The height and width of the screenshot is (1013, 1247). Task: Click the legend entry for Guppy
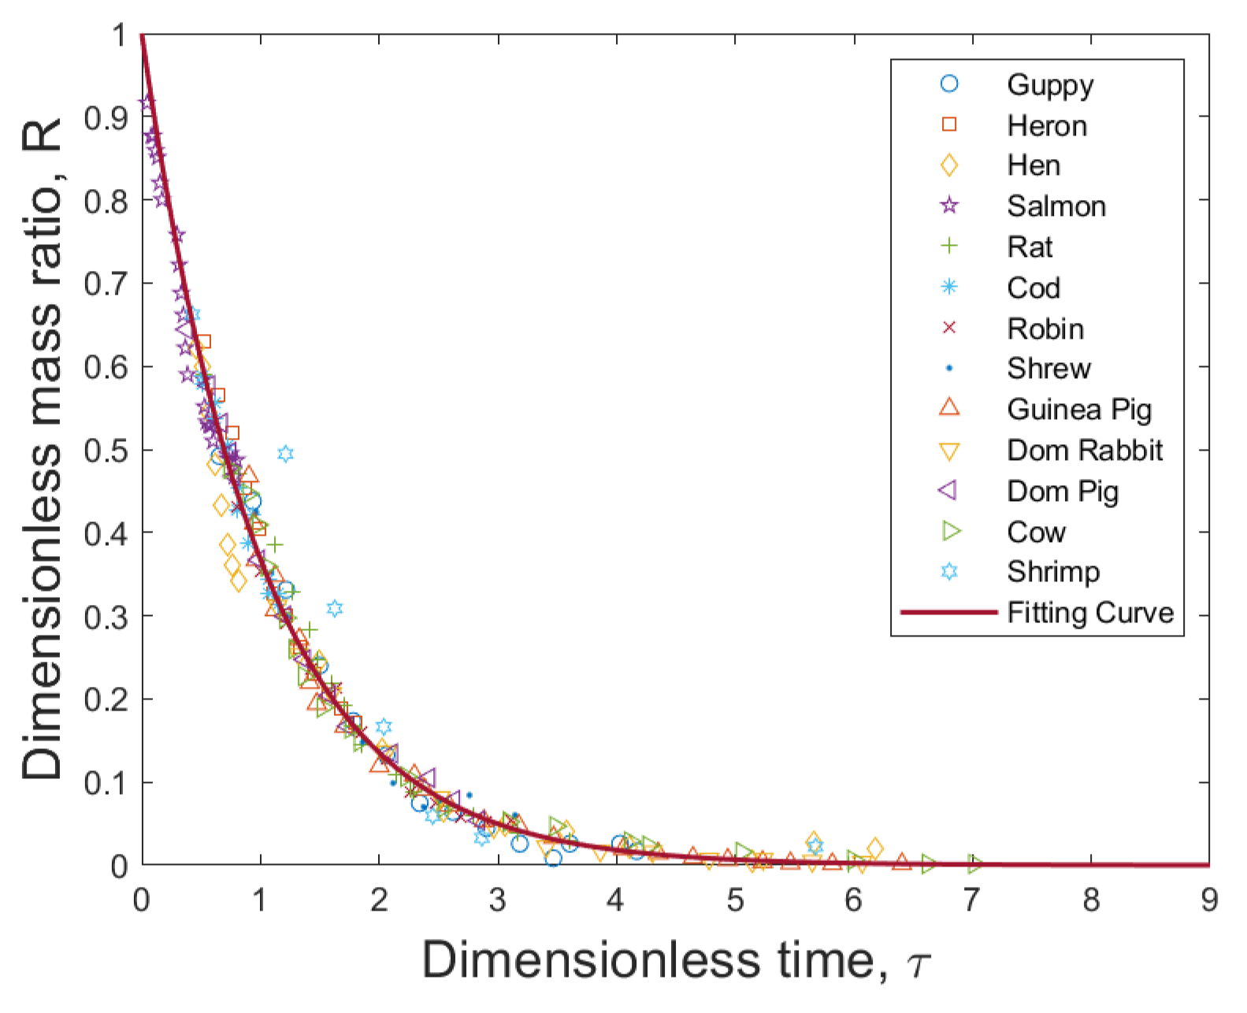coord(1049,84)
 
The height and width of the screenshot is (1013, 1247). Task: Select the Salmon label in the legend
coord(1056,206)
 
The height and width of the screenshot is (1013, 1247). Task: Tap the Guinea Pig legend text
coord(1078,410)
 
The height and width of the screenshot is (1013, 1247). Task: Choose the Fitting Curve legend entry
coord(1089,613)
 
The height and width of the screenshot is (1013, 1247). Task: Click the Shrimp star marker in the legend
coord(950,571)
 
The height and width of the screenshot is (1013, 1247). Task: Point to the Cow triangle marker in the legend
coord(952,532)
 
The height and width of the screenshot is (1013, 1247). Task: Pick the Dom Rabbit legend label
coord(1084,451)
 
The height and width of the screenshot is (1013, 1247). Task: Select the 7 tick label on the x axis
coord(971,900)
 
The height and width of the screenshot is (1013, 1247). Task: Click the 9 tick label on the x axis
coord(1209,900)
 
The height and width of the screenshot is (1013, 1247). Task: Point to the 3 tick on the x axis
coord(497,900)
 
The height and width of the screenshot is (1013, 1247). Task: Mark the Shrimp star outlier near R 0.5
coord(286,454)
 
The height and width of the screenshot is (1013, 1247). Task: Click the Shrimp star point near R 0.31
coord(335,608)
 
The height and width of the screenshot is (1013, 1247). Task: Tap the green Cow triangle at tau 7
coord(975,864)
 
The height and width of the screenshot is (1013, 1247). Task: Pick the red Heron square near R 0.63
coord(203,341)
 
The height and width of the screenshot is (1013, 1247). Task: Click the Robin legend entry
coord(1045,328)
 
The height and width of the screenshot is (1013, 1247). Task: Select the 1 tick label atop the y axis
coord(119,35)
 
